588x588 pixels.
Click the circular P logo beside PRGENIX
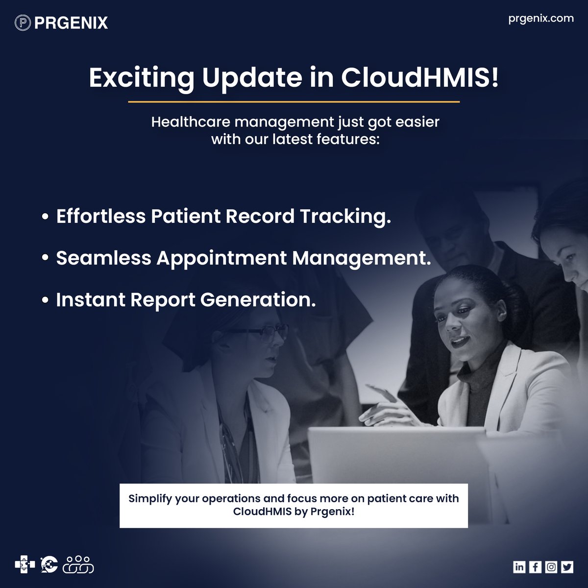(23, 23)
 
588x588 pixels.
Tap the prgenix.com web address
(540, 18)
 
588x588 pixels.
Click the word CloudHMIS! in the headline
(420, 78)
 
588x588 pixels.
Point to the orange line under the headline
(294, 102)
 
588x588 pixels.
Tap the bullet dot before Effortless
(46, 217)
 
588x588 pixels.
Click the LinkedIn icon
(519, 567)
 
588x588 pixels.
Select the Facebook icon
(535, 567)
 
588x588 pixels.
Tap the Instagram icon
(551, 567)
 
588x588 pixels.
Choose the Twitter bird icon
(567, 567)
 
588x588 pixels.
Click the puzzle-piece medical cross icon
(24, 564)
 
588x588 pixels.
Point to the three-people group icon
(78, 564)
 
